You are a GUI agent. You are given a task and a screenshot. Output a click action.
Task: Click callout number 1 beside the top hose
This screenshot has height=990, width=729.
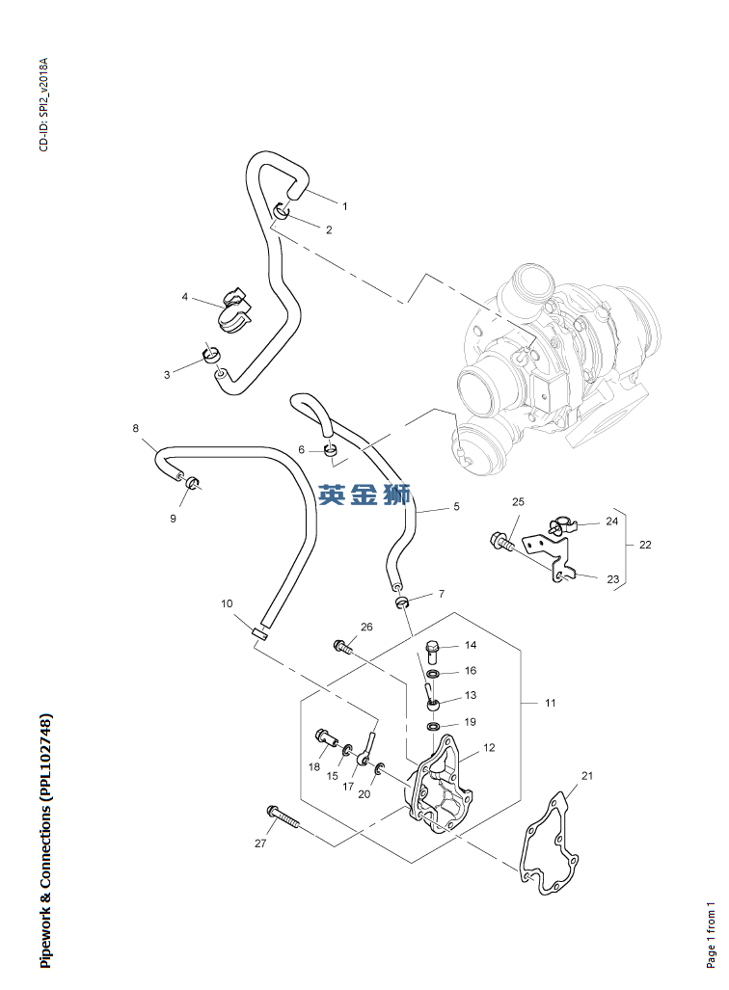point(344,206)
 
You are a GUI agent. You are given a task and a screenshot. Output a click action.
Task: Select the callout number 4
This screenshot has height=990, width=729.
point(185,297)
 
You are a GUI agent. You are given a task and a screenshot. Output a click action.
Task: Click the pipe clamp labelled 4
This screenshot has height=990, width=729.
point(233,308)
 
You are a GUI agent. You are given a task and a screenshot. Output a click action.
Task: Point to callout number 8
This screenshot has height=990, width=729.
point(135,428)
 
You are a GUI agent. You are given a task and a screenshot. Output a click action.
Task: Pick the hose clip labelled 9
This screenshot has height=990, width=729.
point(193,481)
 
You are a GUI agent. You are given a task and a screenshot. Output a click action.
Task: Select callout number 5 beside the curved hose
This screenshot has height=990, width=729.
point(456,507)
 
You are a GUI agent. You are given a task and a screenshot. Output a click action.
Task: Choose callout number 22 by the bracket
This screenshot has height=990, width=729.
point(645,545)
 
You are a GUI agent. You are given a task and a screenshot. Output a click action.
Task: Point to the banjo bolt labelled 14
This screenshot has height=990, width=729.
point(431,648)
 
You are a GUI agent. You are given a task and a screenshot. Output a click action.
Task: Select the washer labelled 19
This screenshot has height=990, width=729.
point(435,725)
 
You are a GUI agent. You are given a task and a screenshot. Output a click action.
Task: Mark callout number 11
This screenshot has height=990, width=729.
point(550,704)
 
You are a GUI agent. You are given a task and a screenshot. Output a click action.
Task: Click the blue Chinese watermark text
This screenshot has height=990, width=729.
point(365,495)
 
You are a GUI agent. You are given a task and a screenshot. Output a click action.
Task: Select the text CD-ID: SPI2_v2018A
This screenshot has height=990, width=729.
point(42,106)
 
